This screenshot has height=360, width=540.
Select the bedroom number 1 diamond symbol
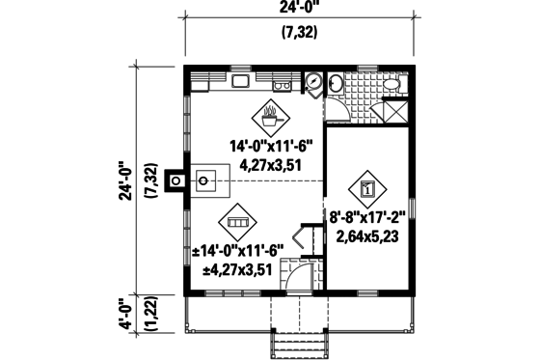pyautogui.click(x=366, y=189)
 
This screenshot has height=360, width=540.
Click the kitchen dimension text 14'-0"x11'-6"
pyautogui.click(x=273, y=146)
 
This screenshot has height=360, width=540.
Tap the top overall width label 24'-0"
pyautogui.click(x=299, y=12)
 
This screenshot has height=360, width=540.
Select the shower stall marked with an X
pyautogui.click(x=394, y=110)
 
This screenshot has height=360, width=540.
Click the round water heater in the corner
pyautogui.click(x=314, y=81)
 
